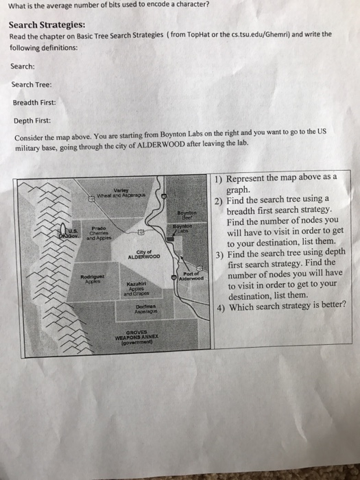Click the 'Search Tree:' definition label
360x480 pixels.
31,84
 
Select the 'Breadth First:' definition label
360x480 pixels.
34,102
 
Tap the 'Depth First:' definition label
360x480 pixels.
31,120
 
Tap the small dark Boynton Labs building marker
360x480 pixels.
178,233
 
